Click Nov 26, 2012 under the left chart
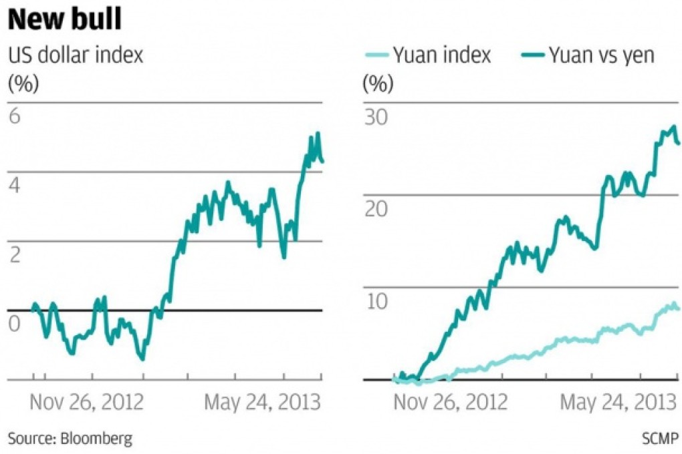(87, 403)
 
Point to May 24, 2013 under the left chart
(262, 403)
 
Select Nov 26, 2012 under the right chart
(450, 403)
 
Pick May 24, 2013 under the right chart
(616, 403)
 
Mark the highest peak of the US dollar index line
(318, 133)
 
